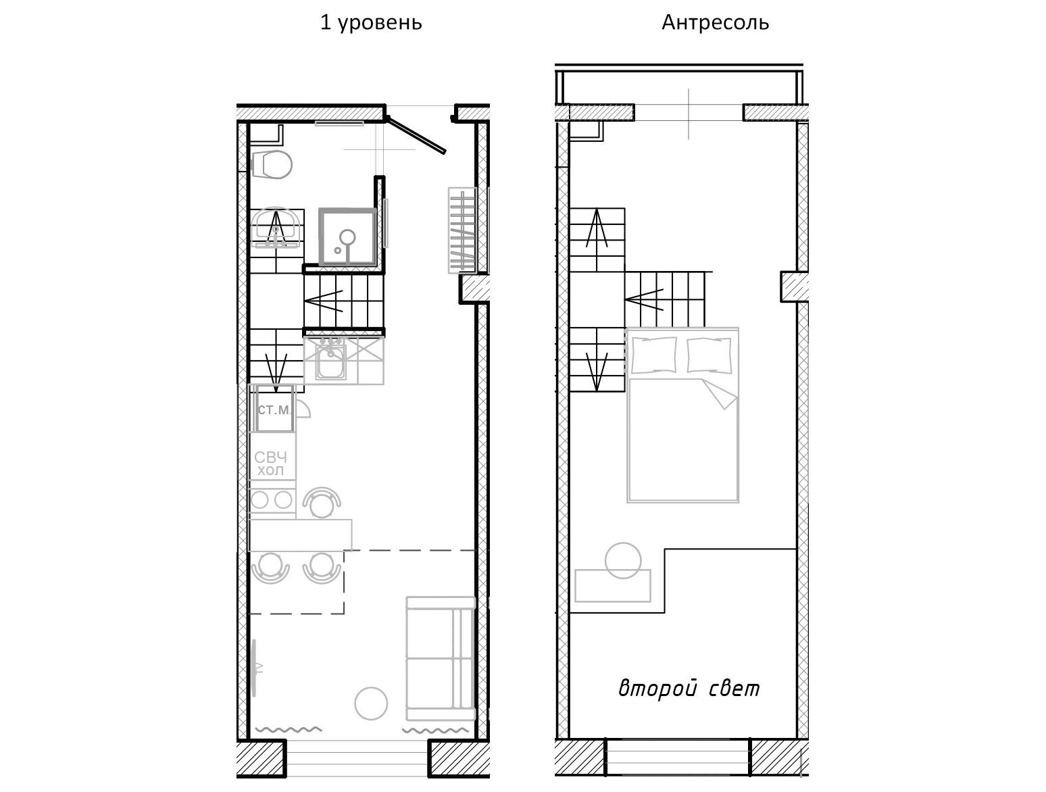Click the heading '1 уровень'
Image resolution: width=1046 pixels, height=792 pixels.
coord(371,23)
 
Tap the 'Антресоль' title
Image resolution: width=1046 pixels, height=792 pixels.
coord(715,22)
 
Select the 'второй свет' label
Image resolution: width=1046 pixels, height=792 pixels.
coord(689,689)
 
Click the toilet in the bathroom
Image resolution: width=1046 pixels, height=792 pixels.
coord(271,164)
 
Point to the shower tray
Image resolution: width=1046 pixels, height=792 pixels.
coord(347,237)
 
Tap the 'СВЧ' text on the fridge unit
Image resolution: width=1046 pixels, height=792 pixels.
coord(271,457)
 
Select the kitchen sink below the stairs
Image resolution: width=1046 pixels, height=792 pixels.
coord(330,362)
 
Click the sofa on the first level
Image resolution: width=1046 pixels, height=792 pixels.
coord(441,658)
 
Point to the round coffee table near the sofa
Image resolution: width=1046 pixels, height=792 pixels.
coord(371,703)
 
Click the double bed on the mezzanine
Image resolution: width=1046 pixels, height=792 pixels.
coord(682,415)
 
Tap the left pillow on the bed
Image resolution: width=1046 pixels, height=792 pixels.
coord(654,355)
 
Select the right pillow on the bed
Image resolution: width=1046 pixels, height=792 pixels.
coord(709,355)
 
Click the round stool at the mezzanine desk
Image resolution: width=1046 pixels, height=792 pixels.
coord(623,560)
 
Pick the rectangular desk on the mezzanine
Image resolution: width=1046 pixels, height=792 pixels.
coord(613,586)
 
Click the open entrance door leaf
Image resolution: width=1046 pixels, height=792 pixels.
coord(416,135)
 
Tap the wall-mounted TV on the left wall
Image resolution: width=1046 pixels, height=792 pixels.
coord(255,668)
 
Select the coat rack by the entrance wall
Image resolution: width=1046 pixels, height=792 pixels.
coord(462,230)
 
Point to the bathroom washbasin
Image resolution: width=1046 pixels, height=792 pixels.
coord(276,228)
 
